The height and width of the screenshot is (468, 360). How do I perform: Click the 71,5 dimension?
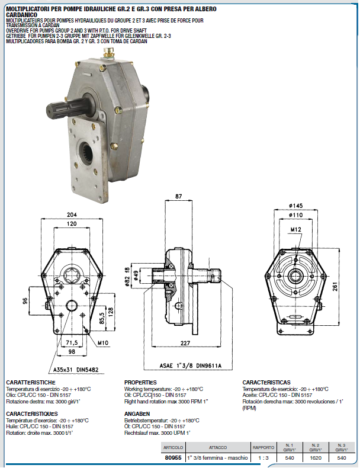pos(72,343)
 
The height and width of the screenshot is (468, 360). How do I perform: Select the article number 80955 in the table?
pos(172,458)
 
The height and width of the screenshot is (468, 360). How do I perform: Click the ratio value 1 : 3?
pos(263,458)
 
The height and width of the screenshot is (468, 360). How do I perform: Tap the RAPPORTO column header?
pos(263,447)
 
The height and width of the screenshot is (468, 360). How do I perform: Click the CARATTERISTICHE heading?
pos(30,383)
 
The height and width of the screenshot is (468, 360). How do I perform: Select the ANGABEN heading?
pos(137,413)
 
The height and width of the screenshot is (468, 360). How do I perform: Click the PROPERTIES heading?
pos(140,383)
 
